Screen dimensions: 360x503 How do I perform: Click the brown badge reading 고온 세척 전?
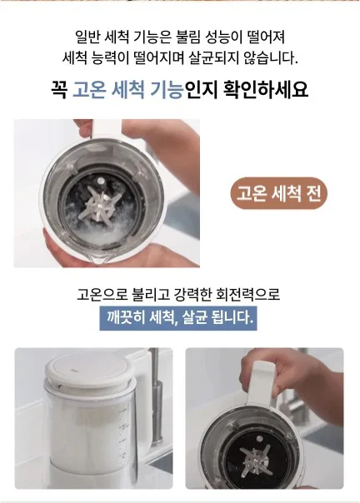[x=278, y=193]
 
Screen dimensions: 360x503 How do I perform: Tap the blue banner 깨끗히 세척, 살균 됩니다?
[x=178, y=318]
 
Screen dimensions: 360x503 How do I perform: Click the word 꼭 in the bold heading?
[x=59, y=88]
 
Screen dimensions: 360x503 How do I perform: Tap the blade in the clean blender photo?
[x=257, y=460]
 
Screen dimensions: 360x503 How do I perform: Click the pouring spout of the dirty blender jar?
[x=97, y=260]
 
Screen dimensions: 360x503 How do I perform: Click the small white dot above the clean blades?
[x=259, y=438]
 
